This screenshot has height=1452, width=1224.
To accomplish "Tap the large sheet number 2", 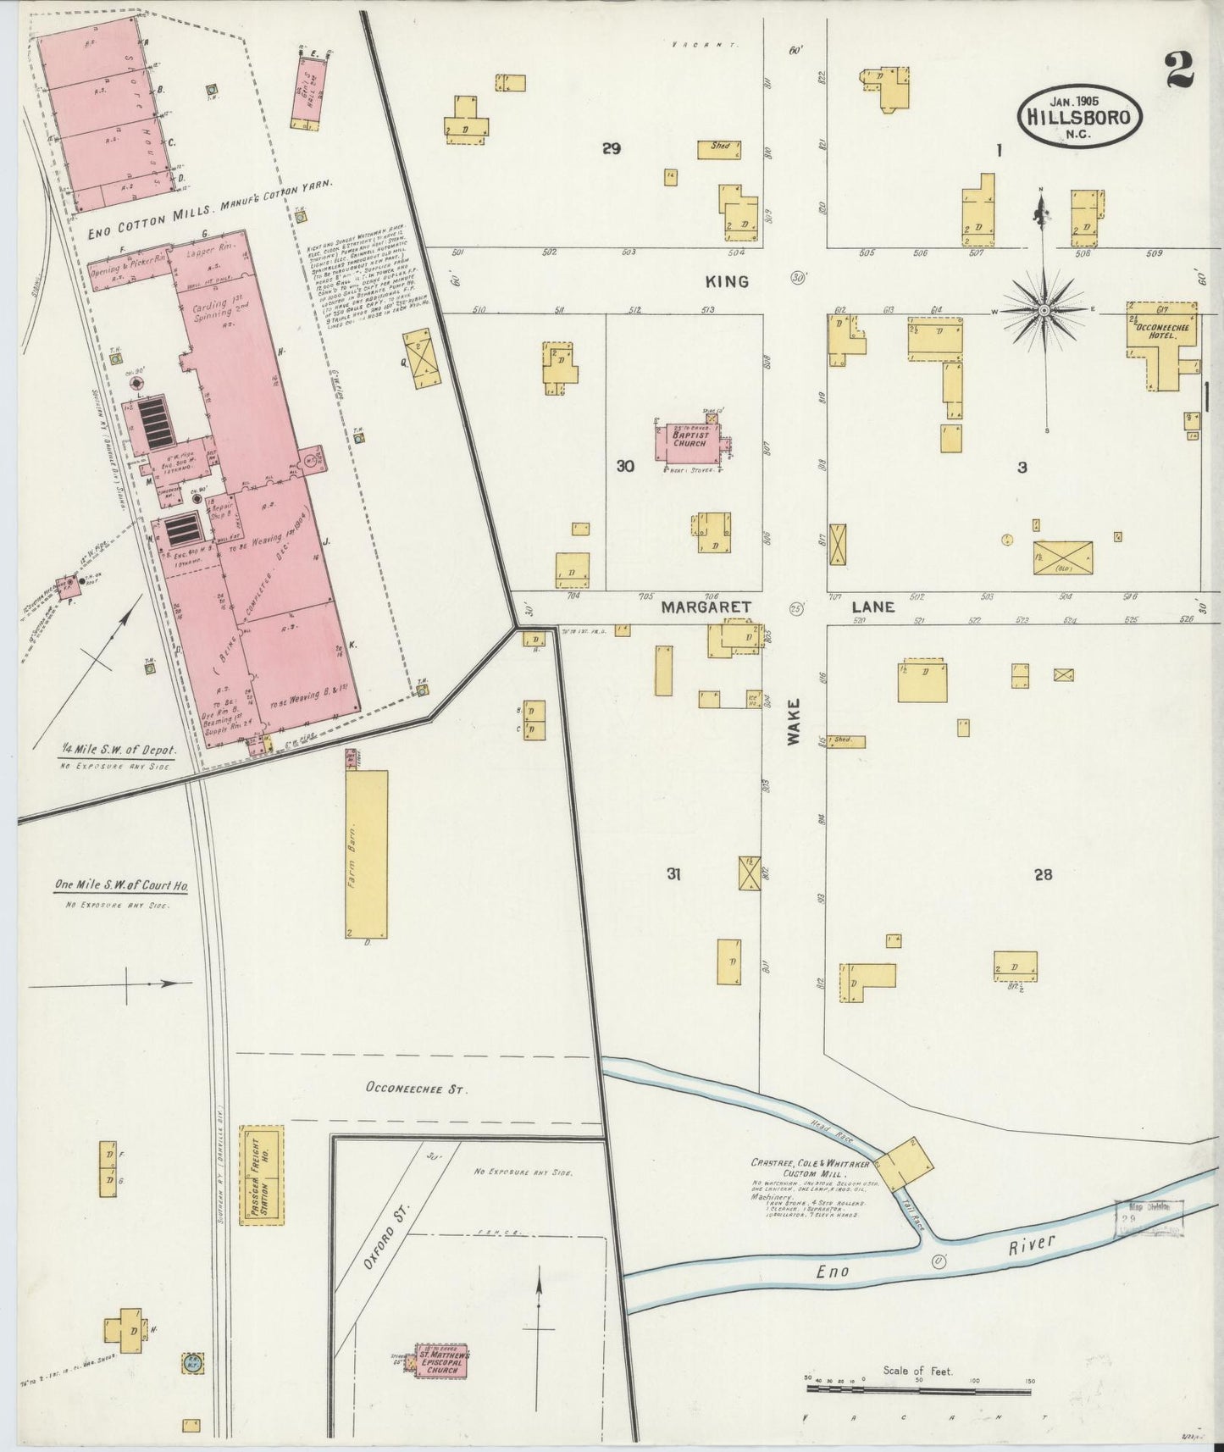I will click(1179, 69).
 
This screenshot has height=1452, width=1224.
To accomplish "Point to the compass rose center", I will click(1044, 311).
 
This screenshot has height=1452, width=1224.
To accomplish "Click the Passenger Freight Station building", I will click(261, 1174).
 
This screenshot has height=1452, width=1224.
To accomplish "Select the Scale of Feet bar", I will click(920, 1388).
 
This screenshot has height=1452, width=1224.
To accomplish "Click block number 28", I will click(1043, 874).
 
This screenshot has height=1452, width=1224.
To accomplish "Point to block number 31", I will click(673, 874).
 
